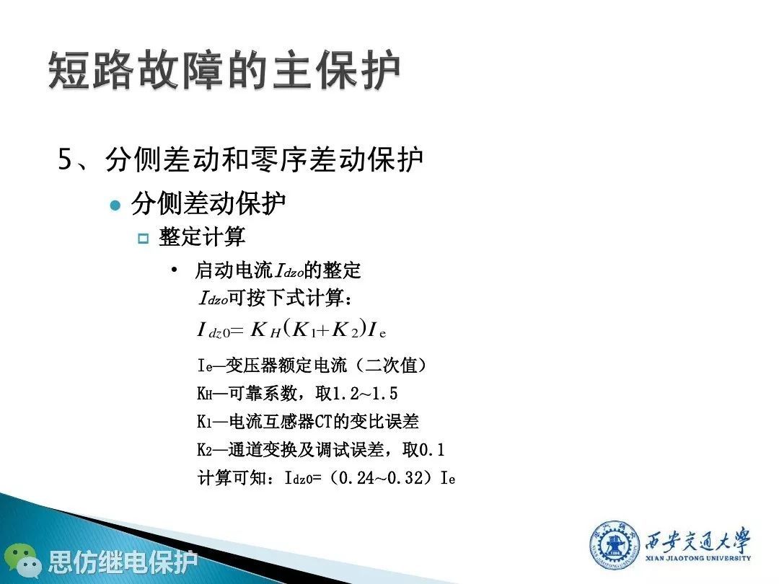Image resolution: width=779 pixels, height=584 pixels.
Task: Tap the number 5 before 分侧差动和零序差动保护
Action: (x=66, y=159)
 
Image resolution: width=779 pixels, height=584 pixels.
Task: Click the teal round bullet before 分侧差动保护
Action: (x=115, y=205)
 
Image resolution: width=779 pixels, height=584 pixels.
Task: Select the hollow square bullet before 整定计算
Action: (x=143, y=239)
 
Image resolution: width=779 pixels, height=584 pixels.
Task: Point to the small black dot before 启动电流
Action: (x=174, y=270)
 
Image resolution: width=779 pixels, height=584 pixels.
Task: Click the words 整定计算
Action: (x=202, y=236)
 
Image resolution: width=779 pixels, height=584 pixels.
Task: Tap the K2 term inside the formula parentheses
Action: (x=345, y=329)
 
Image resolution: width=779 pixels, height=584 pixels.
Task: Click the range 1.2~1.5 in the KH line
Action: (x=365, y=394)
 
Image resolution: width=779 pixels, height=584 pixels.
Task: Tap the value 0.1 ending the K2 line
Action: (x=432, y=449)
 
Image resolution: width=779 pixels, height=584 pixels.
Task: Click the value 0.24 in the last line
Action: (x=356, y=478)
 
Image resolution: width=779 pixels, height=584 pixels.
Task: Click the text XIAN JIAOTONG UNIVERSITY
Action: (x=698, y=558)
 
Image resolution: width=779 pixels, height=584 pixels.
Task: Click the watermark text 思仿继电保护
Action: (x=123, y=562)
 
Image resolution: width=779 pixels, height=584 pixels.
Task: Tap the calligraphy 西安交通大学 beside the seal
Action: (x=697, y=540)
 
